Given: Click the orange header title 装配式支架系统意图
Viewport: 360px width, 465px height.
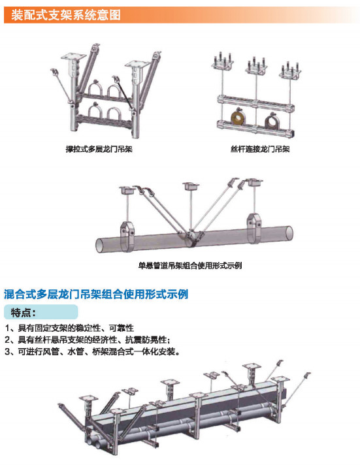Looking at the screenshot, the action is click(x=66, y=14).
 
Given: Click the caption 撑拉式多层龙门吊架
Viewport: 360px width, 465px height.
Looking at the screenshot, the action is click(x=99, y=149).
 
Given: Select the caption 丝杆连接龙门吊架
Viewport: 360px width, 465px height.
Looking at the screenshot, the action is click(x=260, y=149).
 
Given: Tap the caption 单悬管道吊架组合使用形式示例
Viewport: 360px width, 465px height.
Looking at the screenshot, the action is click(x=190, y=265).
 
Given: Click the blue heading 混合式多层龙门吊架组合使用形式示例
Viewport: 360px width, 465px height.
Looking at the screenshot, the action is click(x=96, y=294).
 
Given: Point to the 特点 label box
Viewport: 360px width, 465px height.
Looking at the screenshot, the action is click(x=41, y=312).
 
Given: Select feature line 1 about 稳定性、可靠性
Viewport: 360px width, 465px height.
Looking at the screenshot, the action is click(x=69, y=328).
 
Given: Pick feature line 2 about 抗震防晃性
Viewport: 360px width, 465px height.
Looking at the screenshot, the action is click(x=88, y=340).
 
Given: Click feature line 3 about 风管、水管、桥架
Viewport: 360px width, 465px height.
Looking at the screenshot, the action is click(x=93, y=352).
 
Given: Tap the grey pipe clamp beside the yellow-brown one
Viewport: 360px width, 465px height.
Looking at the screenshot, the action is click(x=272, y=120).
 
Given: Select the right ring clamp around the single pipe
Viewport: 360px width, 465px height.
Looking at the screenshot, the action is click(x=254, y=228).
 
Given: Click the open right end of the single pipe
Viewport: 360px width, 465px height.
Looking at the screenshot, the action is click(x=290, y=233).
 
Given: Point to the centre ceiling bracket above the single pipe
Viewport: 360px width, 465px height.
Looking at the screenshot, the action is click(x=191, y=187).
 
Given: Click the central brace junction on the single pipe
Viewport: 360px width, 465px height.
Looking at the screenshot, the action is click(x=189, y=237).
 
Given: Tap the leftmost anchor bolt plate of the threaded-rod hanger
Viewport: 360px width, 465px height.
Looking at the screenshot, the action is click(x=223, y=62).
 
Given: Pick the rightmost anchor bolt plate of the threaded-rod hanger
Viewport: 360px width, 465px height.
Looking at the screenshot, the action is click(x=290, y=71).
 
